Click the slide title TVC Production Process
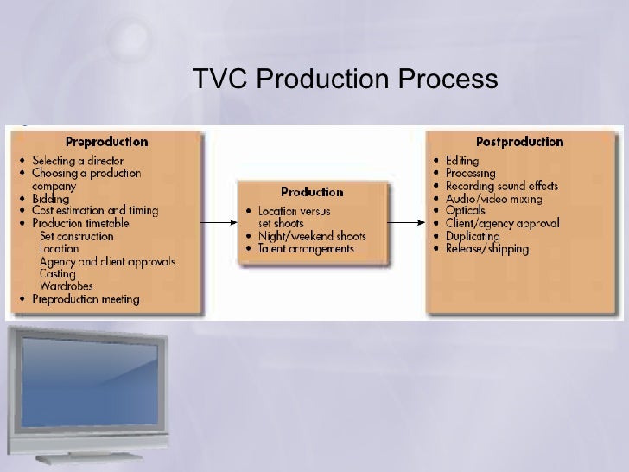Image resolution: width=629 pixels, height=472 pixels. tap(346, 80)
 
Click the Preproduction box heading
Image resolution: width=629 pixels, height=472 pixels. tap(106, 142)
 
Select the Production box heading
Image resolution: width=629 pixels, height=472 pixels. tap(312, 192)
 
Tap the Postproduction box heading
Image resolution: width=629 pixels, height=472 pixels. tap(519, 142)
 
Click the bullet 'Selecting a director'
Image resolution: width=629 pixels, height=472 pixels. tap(78, 161)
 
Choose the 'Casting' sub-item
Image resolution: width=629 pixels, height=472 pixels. tap(58, 274)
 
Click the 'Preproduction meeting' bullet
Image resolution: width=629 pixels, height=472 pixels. tap(86, 300)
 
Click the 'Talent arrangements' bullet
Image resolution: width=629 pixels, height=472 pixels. tap(304, 249)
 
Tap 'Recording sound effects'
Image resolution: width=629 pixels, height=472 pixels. tap(502, 186)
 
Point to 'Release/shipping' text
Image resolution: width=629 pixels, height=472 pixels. tap(488, 249)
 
